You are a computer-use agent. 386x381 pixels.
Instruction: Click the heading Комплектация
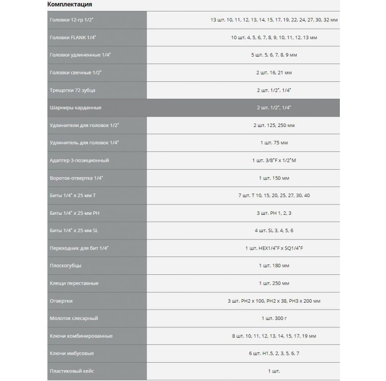click(x=69, y=4)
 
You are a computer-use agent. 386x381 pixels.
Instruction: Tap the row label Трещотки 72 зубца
click(x=73, y=90)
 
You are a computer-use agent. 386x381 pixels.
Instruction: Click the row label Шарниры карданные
click(x=76, y=108)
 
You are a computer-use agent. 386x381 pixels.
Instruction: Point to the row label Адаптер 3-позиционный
click(x=79, y=160)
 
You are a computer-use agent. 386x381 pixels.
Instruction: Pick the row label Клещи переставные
click(x=74, y=283)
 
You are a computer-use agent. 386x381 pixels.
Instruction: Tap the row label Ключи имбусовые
click(x=72, y=353)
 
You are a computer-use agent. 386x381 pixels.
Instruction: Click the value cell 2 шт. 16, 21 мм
click(x=274, y=72)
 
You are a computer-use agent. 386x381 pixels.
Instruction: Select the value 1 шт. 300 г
click(x=274, y=318)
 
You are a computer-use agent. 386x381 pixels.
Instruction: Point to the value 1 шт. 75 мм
click(x=274, y=143)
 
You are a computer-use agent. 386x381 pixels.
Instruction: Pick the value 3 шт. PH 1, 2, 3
click(x=274, y=213)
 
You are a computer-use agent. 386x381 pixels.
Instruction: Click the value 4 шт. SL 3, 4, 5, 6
click(x=274, y=231)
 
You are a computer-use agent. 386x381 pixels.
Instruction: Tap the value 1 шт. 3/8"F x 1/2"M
click(x=274, y=160)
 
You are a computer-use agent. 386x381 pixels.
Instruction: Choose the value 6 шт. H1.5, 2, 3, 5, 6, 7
click(x=274, y=353)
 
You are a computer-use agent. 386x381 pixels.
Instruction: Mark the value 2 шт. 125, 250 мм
click(x=274, y=125)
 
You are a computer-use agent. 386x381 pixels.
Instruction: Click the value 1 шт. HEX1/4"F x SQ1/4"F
click(x=274, y=248)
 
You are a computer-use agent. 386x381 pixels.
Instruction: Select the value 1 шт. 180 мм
click(x=274, y=266)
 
